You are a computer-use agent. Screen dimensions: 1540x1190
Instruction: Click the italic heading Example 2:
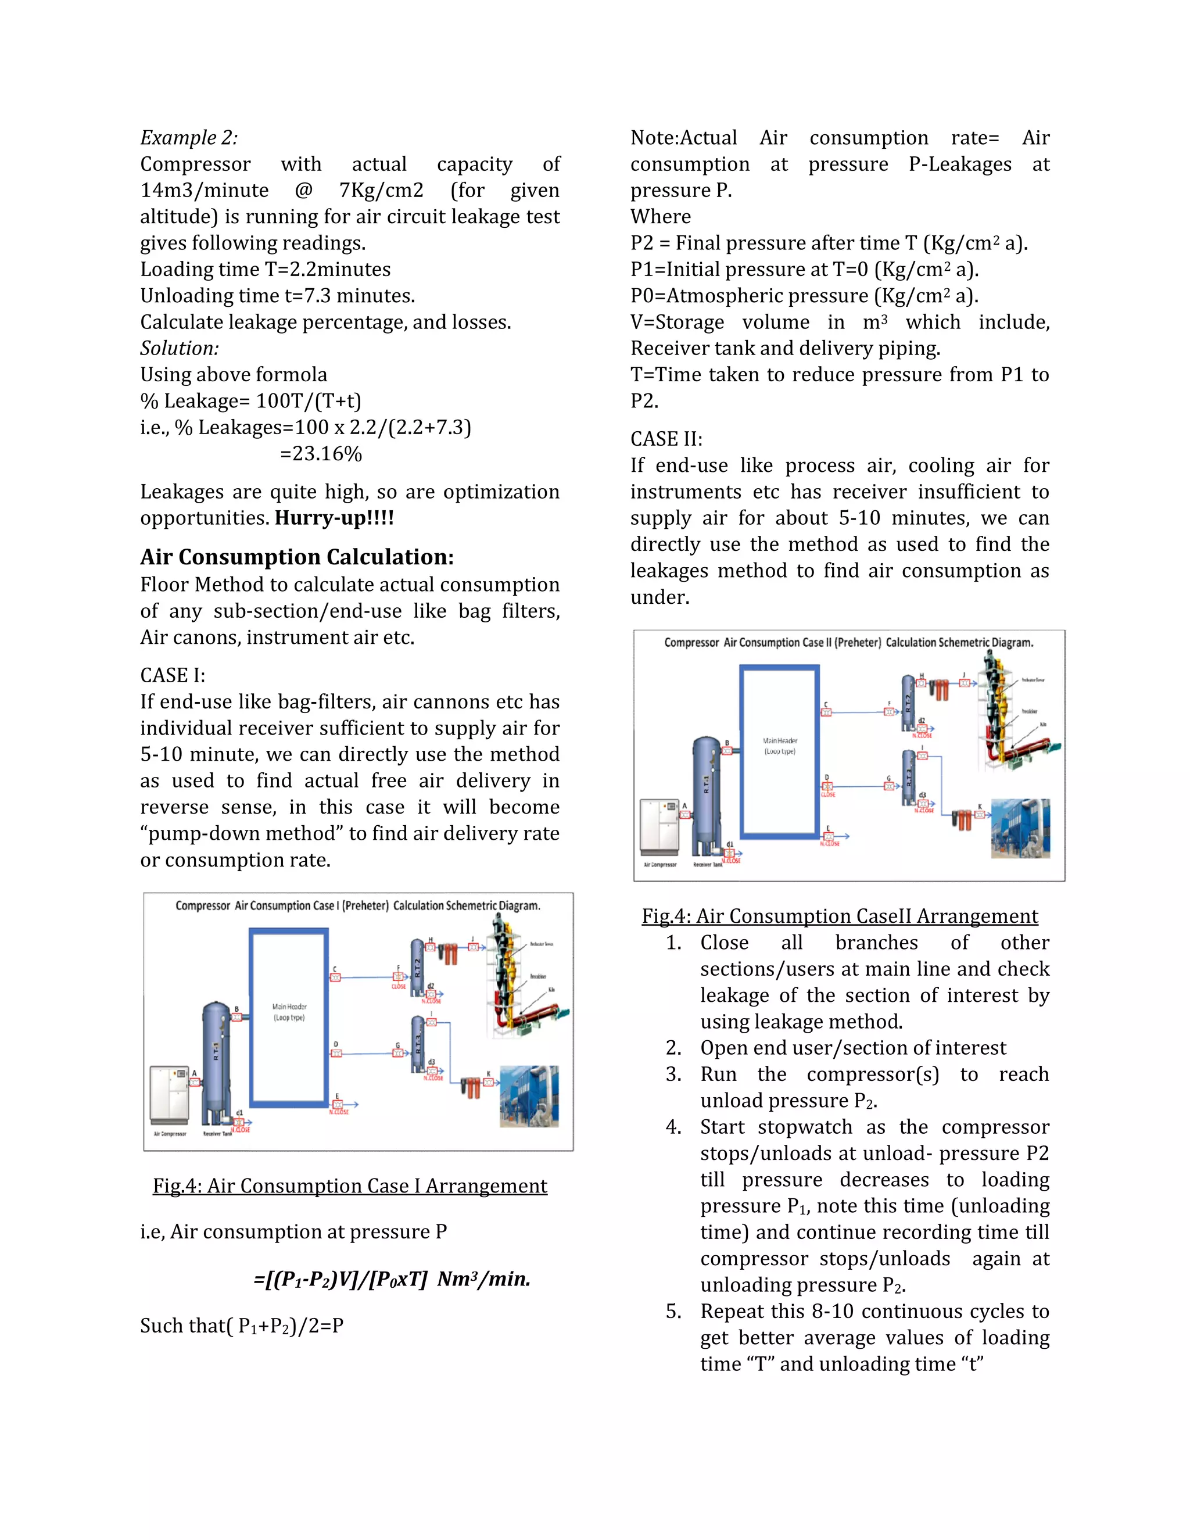tap(189, 138)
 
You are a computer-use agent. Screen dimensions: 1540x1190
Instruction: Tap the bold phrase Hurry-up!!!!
tap(334, 518)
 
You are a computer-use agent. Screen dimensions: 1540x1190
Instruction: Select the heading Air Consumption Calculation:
tap(297, 557)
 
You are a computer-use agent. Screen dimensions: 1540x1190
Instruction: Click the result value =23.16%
tap(321, 453)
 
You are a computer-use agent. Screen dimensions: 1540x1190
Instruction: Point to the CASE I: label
tap(173, 675)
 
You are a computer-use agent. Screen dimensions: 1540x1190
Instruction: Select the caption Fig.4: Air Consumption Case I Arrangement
tap(350, 1186)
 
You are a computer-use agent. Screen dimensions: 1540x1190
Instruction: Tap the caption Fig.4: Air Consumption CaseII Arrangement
tap(840, 916)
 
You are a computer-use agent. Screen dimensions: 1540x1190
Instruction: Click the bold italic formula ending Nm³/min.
tap(392, 1279)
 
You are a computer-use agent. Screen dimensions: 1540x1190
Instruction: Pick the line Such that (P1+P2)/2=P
tap(242, 1326)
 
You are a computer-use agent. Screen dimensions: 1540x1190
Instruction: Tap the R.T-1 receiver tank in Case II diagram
tap(707, 793)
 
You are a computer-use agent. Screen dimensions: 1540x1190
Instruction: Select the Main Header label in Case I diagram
tap(289, 1012)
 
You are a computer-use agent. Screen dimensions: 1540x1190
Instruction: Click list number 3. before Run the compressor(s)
tap(673, 1075)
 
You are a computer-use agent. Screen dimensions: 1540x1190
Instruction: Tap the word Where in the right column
tap(661, 217)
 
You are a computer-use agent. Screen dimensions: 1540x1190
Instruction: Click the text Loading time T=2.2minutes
tap(265, 270)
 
